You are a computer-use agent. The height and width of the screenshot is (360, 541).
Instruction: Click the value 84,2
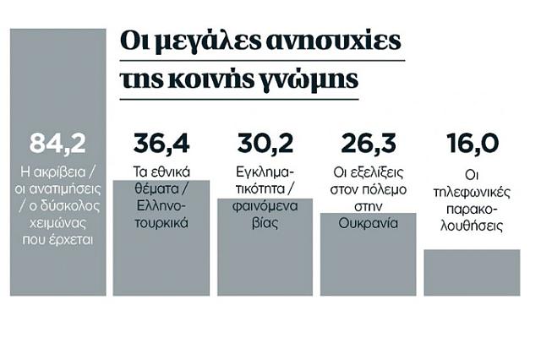pyautogui.click(x=57, y=143)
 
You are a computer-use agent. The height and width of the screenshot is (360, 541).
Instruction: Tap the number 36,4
pyautogui.click(x=161, y=143)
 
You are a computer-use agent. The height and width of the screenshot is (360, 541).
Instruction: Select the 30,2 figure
pyautogui.click(x=265, y=143)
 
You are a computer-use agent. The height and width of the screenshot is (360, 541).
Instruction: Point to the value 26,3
pyautogui.click(x=369, y=143)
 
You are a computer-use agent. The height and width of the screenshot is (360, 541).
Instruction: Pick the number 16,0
pyautogui.click(x=472, y=143)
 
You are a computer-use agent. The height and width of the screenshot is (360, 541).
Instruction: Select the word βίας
pyautogui.click(x=265, y=224)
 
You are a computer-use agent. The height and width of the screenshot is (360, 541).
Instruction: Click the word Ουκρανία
pyautogui.click(x=369, y=224)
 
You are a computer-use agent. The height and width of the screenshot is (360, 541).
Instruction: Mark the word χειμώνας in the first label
pyautogui.click(x=57, y=224)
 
